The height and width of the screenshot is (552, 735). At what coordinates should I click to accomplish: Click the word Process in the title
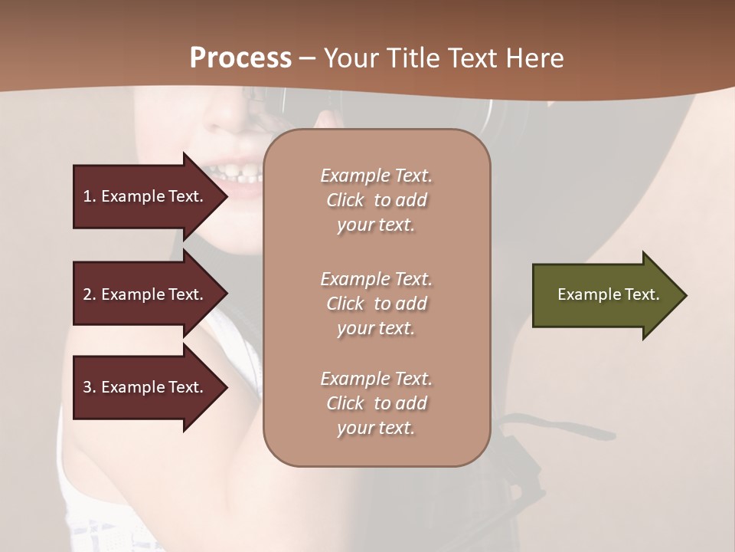coord(240,58)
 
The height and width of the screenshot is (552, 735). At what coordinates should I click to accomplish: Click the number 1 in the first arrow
coord(87,196)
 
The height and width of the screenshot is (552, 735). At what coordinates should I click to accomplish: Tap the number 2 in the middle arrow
coord(87,294)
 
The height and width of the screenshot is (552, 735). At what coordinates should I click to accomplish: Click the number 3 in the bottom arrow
coord(87,387)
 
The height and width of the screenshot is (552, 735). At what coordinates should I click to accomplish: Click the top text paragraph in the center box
coord(376,200)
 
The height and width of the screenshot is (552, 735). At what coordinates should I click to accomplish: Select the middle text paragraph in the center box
coord(376,304)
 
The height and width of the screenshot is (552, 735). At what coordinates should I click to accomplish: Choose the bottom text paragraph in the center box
coord(376,403)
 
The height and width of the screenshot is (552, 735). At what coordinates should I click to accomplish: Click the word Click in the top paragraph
coord(345,200)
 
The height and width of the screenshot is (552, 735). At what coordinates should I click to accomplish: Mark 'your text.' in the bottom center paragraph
coord(376,428)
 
